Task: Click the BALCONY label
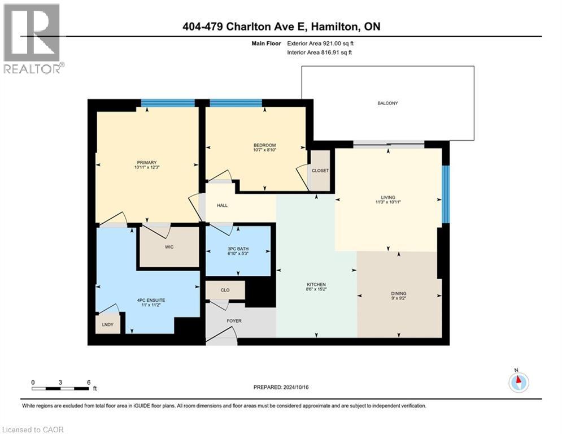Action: point(387,103)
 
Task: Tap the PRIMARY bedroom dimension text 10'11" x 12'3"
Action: point(147,167)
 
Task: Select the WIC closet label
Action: point(169,247)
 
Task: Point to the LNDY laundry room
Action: point(107,324)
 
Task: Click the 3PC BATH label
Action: point(238,249)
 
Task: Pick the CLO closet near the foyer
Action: point(225,290)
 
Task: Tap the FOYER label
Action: point(234,321)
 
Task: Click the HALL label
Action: point(222,206)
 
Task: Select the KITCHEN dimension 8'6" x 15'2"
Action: point(316,289)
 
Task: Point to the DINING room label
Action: point(399,293)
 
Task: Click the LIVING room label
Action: point(388,197)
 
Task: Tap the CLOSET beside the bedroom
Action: point(320,171)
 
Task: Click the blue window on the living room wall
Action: point(446,194)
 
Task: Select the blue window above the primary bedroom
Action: point(168,103)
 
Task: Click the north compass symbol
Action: point(519,383)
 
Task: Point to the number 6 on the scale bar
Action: point(89,383)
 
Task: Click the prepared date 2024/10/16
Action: point(296,387)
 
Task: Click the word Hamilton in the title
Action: point(334,27)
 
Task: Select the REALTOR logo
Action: point(32,39)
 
